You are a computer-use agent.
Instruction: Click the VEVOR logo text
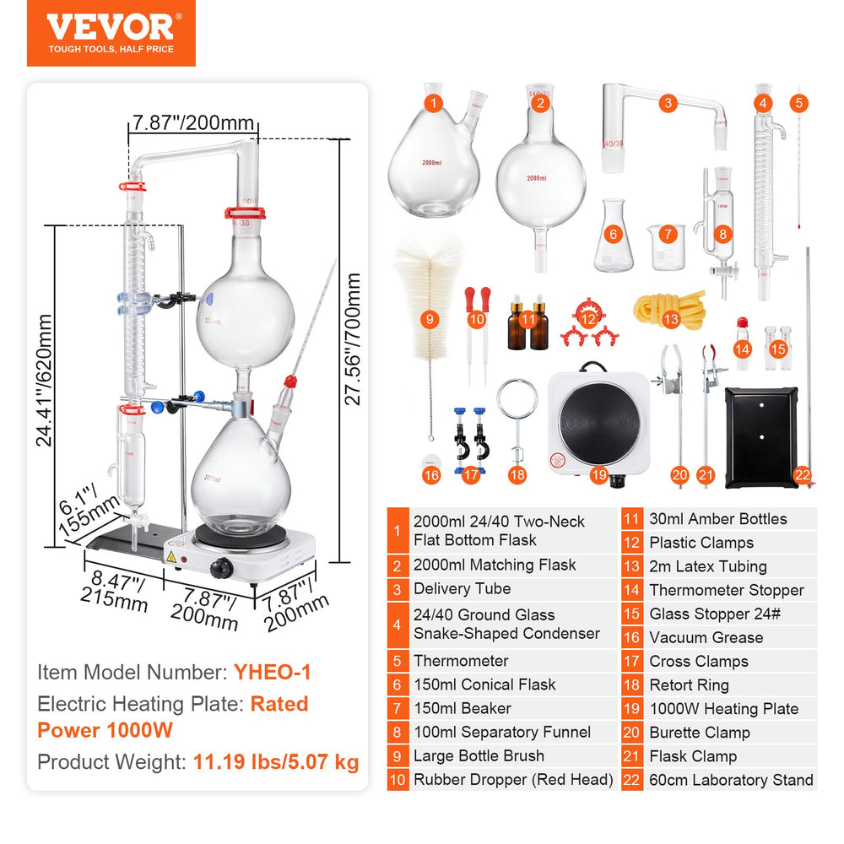click(x=110, y=26)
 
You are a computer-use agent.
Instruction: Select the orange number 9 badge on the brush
click(x=430, y=319)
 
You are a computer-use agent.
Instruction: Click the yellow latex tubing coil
click(x=669, y=306)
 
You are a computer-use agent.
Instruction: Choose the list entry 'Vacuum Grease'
click(x=706, y=638)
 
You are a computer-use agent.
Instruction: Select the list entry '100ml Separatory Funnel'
click(x=502, y=733)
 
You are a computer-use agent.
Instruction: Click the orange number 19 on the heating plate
click(x=599, y=476)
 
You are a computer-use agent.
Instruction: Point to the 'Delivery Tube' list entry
click(x=462, y=589)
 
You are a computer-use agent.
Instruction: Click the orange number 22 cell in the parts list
click(x=631, y=780)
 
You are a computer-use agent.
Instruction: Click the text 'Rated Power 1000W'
click(x=173, y=716)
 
